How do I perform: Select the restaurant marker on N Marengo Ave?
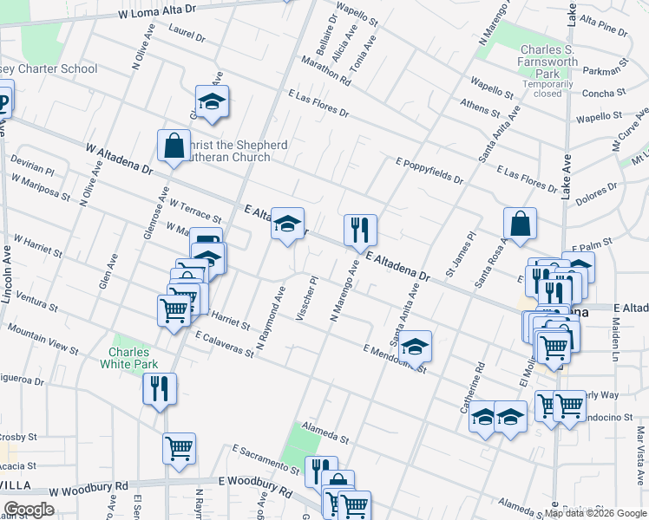tap(360, 231)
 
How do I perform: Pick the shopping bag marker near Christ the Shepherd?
tap(174, 146)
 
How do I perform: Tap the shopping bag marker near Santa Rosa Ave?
tap(519, 224)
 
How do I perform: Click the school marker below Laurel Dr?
tap(212, 102)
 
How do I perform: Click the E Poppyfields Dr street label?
tap(429, 170)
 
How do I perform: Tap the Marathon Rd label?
tap(326, 69)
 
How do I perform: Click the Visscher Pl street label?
tap(307, 299)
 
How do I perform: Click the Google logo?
tap(29, 509)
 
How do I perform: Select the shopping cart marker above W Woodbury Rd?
tap(179, 449)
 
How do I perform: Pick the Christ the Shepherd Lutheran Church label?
tap(234, 151)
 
